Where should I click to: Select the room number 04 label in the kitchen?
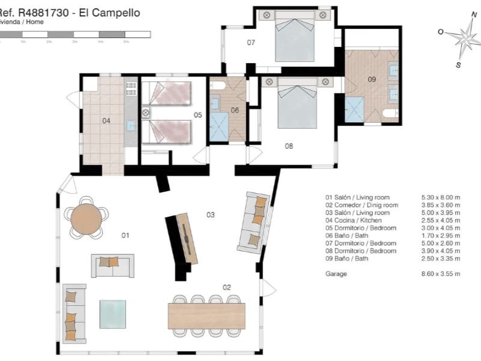(106, 121)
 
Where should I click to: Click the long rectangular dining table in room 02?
(206, 316)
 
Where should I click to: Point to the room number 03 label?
(210, 214)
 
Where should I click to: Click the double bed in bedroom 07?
(295, 37)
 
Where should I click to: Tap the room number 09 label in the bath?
(372, 79)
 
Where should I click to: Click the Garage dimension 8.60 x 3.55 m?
(441, 274)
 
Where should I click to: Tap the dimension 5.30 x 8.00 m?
(441, 197)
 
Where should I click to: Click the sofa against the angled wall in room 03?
(254, 221)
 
